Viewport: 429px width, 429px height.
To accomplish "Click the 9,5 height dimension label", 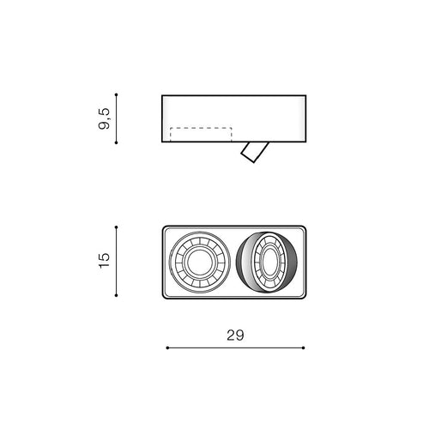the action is click(x=104, y=118).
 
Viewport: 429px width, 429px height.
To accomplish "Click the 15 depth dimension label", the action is click(x=104, y=260).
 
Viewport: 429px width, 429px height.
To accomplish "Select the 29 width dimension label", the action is click(x=235, y=335).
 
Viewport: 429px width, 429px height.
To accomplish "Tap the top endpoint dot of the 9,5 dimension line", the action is click(x=116, y=94).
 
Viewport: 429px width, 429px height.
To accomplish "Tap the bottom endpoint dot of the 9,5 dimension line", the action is click(x=116, y=142).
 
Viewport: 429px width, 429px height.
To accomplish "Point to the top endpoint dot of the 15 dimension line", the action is click(x=116, y=227).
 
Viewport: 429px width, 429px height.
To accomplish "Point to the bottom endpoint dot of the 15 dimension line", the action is click(x=116, y=295).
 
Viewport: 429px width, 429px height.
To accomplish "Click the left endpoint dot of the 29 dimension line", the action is click(x=167, y=347).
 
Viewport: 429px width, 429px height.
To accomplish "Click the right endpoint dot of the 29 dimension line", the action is click(x=304, y=347).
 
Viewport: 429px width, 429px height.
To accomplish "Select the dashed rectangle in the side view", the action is click(x=201, y=128).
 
